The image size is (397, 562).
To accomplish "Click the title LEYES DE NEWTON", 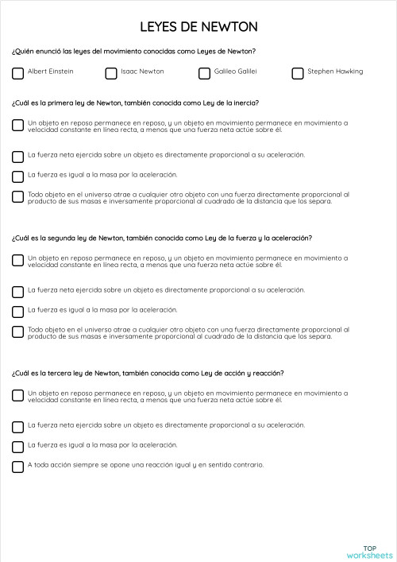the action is click(198, 27).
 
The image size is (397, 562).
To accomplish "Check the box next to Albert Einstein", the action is click(18, 73).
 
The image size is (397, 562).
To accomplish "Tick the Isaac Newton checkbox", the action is click(111, 73).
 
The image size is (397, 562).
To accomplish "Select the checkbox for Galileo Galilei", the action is click(204, 73).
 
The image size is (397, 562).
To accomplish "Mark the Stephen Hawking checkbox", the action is click(298, 73).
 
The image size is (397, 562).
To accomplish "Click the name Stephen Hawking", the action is click(335, 72).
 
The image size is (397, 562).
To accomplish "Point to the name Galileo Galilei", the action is click(236, 72).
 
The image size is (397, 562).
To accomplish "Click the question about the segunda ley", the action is click(161, 238).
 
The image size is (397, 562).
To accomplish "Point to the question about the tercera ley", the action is click(148, 373).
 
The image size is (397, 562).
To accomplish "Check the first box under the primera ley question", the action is click(18, 125).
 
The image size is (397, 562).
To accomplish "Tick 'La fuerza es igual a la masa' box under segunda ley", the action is click(18, 311).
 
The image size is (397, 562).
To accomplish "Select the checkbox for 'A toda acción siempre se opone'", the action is click(18, 467).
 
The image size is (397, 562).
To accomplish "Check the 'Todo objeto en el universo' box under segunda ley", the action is click(18, 331).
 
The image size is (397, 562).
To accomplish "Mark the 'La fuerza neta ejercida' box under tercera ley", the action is click(18, 426).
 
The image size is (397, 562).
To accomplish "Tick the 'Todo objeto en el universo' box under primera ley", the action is click(18, 196).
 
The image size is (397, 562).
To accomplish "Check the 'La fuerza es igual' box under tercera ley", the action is click(18, 446).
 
